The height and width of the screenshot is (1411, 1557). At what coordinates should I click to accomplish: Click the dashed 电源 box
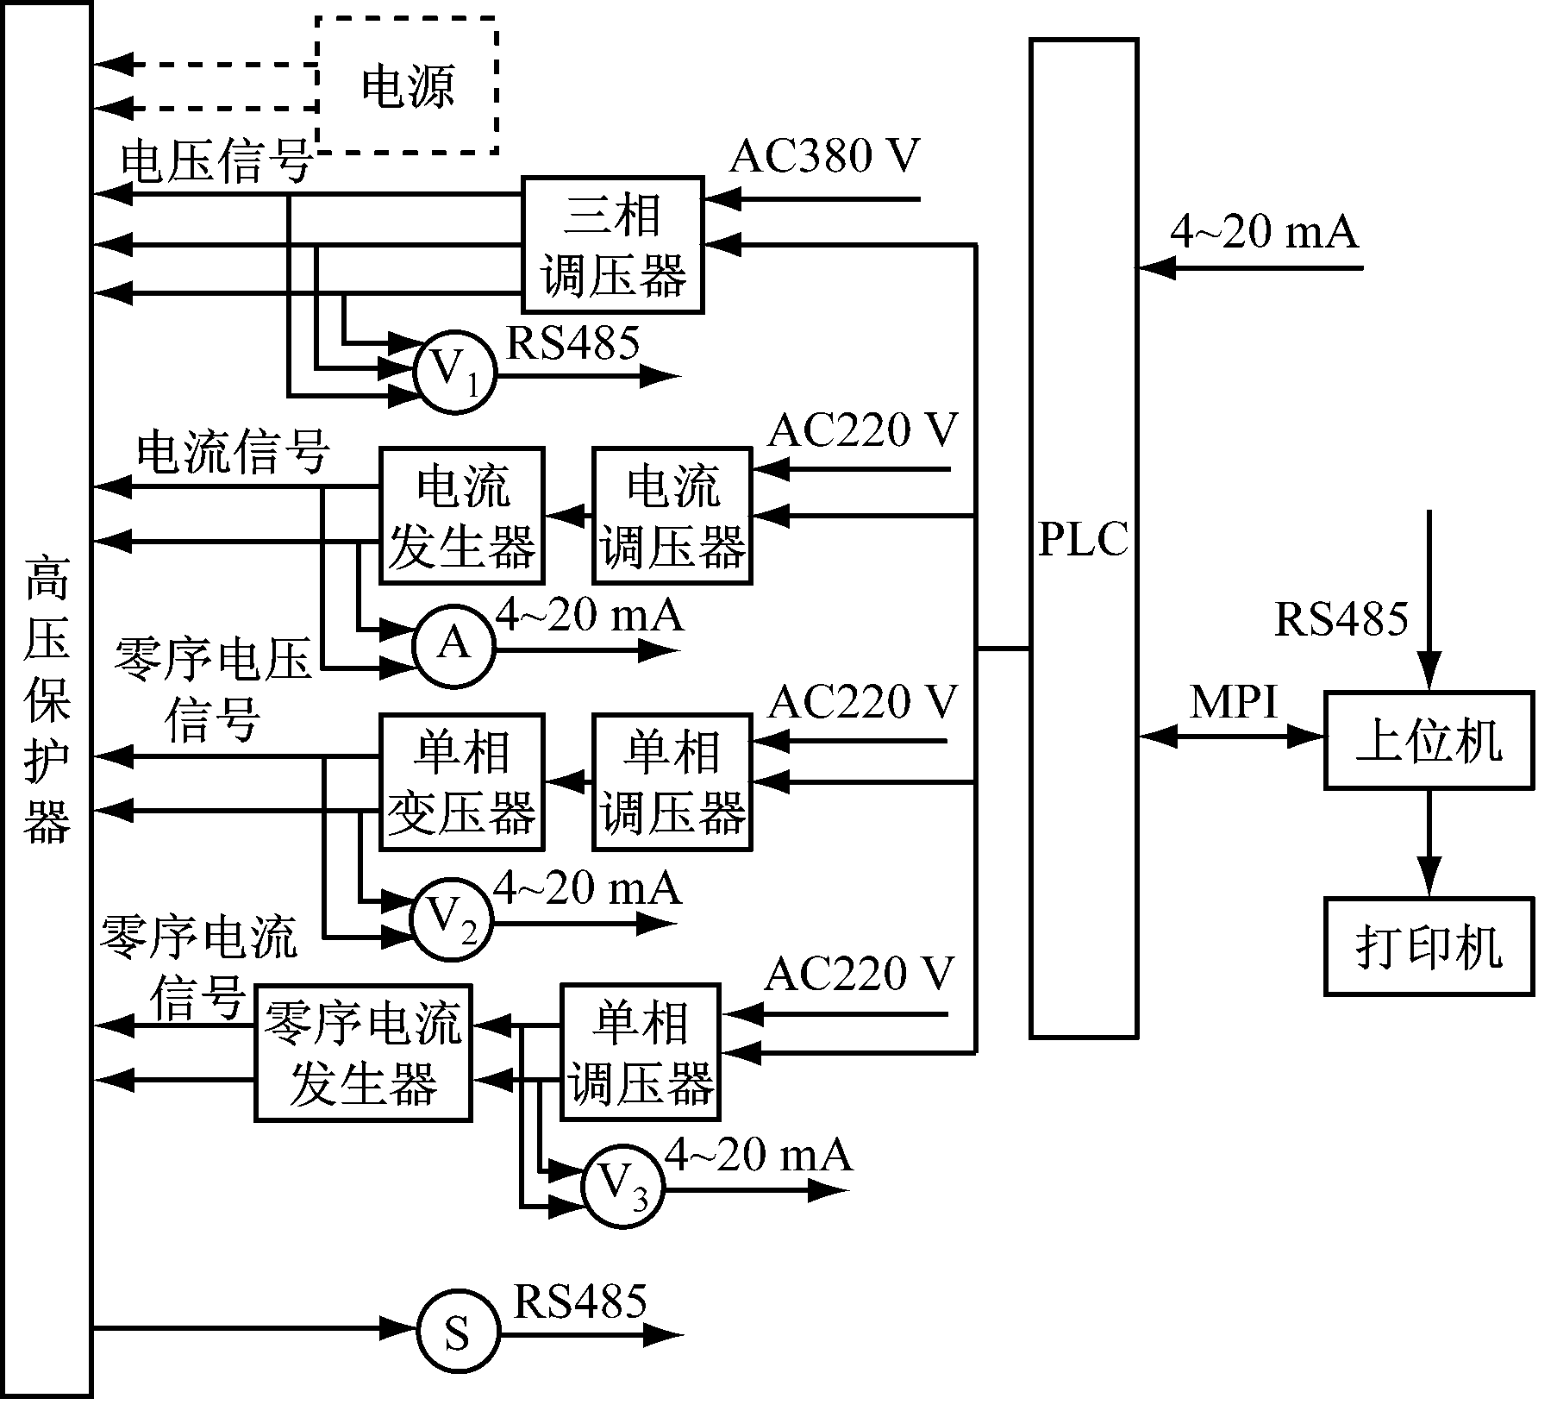(x=407, y=85)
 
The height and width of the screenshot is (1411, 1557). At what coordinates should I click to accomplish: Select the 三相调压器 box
(x=613, y=245)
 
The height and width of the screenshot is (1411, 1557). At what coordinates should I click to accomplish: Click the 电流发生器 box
(x=462, y=516)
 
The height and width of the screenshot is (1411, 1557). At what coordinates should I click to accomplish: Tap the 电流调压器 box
(x=672, y=516)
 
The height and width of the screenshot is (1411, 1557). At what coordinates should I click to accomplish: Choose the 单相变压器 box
(x=462, y=782)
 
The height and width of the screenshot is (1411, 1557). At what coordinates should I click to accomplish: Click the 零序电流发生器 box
(x=363, y=1052)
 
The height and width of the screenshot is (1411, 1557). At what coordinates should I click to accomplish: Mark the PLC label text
(x=1083, y=540)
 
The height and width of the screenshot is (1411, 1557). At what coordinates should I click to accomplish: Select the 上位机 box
(x=1429, y=740)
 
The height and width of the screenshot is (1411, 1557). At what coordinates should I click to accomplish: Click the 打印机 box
(x=1429, y=946)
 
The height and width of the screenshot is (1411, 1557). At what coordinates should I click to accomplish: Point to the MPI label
(x=1233, y=702)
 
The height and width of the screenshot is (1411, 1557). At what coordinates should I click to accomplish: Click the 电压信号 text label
(x=216, y=162)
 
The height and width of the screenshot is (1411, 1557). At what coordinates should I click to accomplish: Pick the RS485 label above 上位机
(x=1341, y=618)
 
